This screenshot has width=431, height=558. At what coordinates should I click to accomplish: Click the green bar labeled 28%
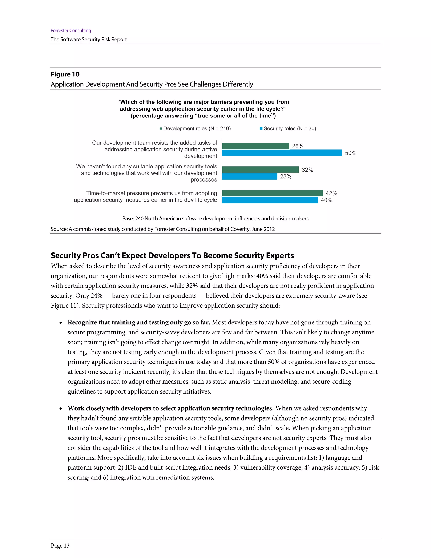click(255, 146)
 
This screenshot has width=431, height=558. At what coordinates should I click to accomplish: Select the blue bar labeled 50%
click(282, 153)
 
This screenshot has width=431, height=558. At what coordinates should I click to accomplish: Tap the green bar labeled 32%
click(260, 169)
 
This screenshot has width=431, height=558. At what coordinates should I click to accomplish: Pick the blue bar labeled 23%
click(249, 176)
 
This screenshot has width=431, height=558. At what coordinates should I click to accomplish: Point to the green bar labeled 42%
click(272, 193)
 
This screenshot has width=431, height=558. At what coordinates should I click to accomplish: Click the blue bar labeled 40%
click(270, 200)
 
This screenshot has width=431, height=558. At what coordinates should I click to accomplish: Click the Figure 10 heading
click(65, 74)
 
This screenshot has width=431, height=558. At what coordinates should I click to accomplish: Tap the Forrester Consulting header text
click(71, 30)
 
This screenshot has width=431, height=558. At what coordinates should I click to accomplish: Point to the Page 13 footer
click(60, 546)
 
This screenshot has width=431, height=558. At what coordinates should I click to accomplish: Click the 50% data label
click(351, 153)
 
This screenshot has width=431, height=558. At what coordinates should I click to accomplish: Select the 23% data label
click(286, 176)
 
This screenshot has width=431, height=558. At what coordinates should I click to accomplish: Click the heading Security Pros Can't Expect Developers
click(172, 255)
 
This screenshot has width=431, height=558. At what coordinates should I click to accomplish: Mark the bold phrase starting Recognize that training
click(139, 322)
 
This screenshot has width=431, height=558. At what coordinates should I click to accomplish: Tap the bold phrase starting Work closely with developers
click(170, 408)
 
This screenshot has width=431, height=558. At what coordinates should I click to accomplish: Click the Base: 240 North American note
click(215, 218)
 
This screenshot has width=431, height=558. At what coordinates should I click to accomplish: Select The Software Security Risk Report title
click(89, 39)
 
